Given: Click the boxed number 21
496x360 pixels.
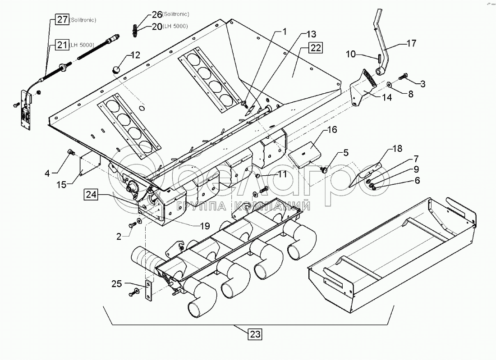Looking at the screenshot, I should [61, 44].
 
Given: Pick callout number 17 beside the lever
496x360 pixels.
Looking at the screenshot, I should [411, 44].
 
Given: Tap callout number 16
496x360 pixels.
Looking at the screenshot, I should [332, 131].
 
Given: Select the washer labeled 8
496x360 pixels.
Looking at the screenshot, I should [388, 84].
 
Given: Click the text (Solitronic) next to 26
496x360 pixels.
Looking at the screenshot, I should [177, 14].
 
